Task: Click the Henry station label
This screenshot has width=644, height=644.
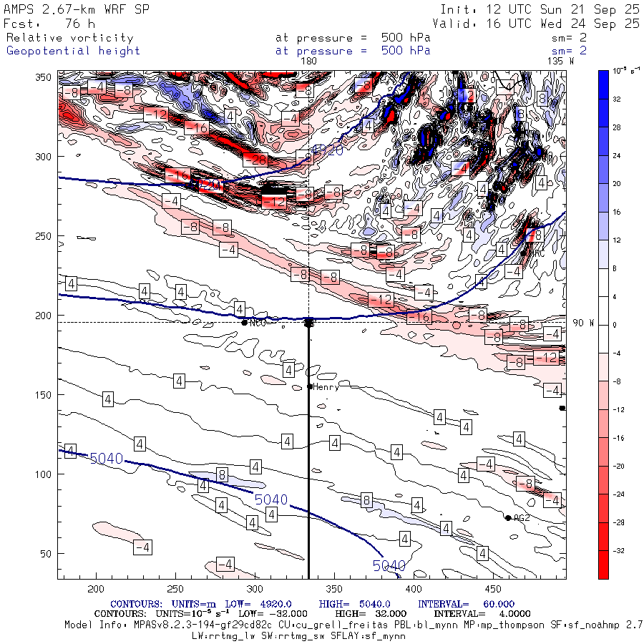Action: [326, 386]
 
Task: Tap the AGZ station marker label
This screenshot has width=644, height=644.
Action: [522, 518]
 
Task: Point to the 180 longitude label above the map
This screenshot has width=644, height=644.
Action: [308, 62]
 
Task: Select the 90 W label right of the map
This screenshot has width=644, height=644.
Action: [583, 323]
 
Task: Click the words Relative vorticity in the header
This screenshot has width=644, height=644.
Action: [69, 38]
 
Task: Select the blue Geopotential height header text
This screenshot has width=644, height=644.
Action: [73, 51]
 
